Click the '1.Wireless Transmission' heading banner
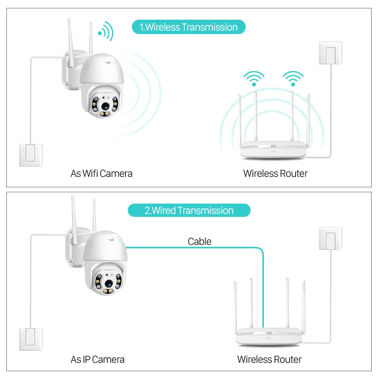[x=189, y=27]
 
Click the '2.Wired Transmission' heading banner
[x=189, y=211]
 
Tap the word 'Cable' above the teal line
[x=200, y=241]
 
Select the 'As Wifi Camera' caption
[x=101, y=174]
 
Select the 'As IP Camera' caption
[x=98, y=359]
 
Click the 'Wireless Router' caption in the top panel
[x=275, y=174]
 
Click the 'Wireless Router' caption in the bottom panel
[x=269, y=359]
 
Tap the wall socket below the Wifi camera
[x=31, y=155]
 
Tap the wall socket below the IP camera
[x=31, y=339]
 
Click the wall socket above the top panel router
[x=330, y=53]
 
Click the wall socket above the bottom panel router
[x=330, y=238]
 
